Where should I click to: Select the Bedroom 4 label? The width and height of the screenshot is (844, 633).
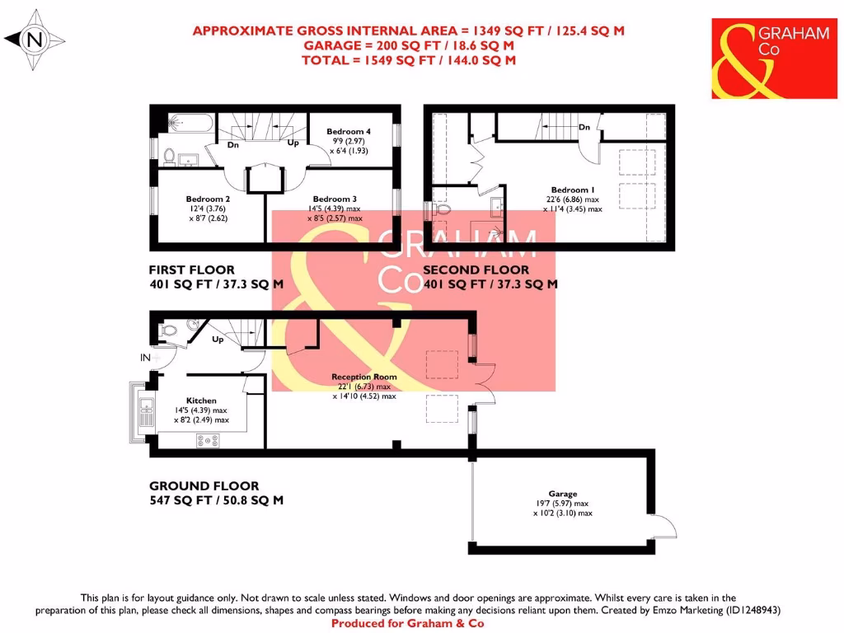[x=349, y=131]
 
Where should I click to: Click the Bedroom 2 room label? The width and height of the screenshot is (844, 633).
[x=208, y=199]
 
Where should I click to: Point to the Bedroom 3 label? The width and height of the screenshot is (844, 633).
[x=335, y=199]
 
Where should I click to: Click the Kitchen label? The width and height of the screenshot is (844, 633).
[x=201, y=401]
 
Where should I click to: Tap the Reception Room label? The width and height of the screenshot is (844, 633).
[x=364, y=377]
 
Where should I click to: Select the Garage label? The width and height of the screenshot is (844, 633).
[x=563, y=494]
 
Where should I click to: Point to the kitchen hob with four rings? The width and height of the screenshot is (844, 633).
[x=207, y=441]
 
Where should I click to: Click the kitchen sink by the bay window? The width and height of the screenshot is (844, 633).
[x=146, y=413]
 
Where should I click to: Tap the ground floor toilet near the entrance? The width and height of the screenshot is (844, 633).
[x=169, y=331]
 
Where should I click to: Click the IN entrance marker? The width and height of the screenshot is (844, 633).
[x=146, y=358]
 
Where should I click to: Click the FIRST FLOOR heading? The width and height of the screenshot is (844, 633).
[x=191, y=270]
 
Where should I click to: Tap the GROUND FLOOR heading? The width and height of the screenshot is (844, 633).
[x=204, y=486]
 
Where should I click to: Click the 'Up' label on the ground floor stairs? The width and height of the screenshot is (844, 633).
[x=218, y=340]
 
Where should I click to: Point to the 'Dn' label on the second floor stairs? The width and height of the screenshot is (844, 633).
[x=584, y=127]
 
